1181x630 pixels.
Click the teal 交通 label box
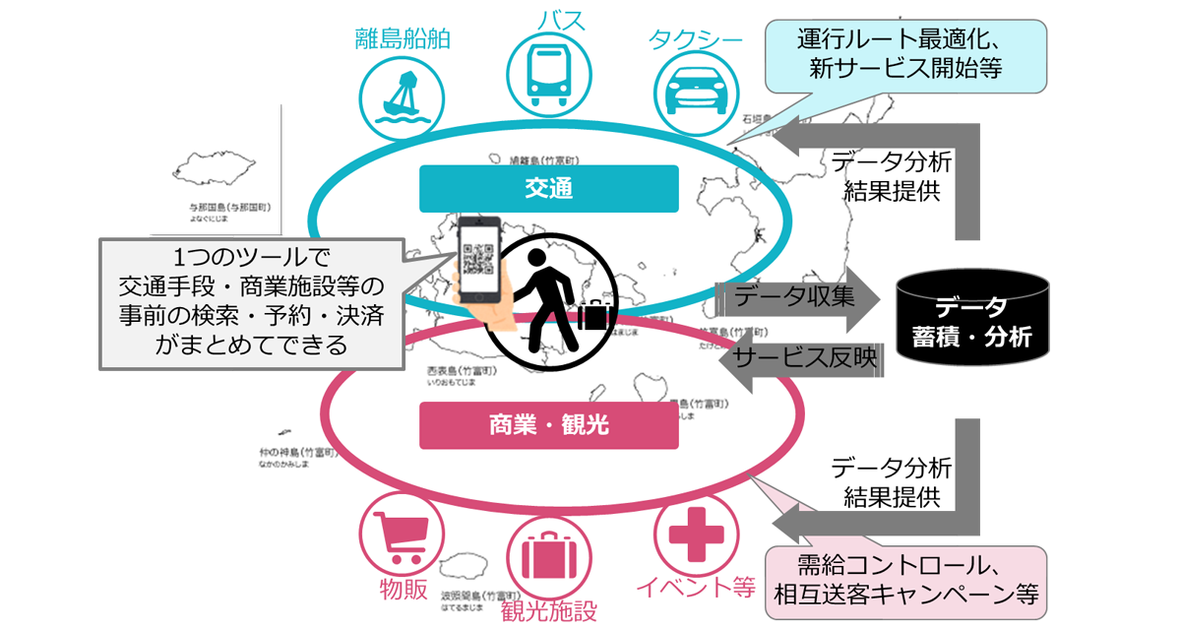(x=548, y=188)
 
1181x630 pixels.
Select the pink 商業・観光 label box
(x=548, y=424)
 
